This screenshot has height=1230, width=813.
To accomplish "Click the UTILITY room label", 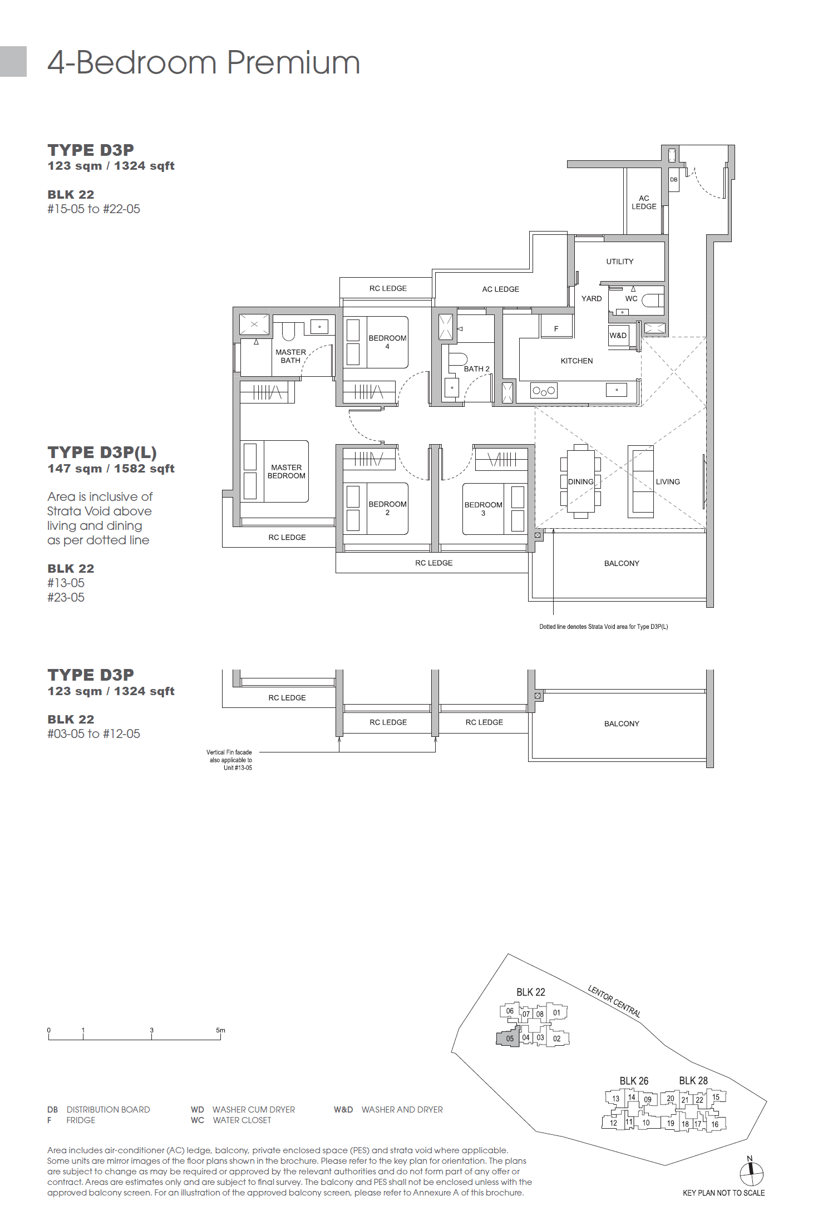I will [619, 262].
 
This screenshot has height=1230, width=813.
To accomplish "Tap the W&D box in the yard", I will [618, 336].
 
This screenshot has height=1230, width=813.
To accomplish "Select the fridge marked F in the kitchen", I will [556, 328].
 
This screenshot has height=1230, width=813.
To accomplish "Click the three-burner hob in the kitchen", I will [544, 391].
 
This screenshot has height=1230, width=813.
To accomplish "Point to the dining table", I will [580, 481].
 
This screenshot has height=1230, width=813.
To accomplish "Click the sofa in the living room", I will [640, 481].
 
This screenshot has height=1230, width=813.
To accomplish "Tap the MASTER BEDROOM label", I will [286, 471].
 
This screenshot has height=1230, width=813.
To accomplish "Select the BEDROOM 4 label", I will [387, 342].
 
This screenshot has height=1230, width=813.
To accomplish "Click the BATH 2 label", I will [476, 369].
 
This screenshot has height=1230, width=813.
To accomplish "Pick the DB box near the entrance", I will [673, 180].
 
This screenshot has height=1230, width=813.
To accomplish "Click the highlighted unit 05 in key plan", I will [509, 1039].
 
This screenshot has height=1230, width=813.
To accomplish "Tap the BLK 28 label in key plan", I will [693, 1081].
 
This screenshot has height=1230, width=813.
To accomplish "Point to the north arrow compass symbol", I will [751, 1173].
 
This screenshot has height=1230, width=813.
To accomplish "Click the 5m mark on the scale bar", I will [220, 1031].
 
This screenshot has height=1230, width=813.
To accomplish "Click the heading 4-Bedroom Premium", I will [204, 62].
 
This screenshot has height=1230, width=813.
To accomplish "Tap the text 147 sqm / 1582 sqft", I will [111, 469].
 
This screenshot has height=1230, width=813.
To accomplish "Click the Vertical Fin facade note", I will [230, 760].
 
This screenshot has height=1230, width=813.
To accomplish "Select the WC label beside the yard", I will [631, 299].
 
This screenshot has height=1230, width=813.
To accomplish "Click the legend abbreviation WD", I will [197, 1110].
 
